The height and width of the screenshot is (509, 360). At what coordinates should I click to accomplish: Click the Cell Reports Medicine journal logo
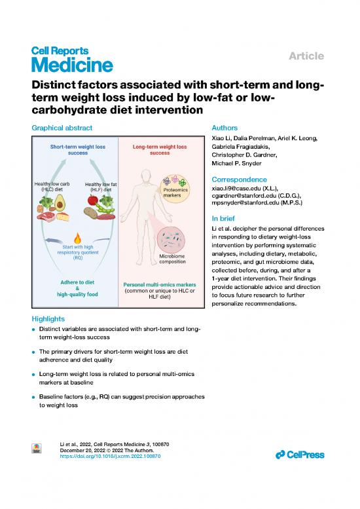(x=72, y=60)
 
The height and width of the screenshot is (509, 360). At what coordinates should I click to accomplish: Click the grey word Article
(x=306, y=56)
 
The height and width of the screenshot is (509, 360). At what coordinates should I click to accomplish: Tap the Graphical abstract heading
(x=62, y=128)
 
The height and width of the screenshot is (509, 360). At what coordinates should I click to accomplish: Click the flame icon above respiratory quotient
(x=77, y=238)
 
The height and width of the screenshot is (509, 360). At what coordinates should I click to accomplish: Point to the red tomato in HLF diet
(x=93, y=200)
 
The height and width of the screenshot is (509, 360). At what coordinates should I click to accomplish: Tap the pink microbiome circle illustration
(x=171, y=240)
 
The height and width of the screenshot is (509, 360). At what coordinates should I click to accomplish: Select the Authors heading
(x=225, y=128)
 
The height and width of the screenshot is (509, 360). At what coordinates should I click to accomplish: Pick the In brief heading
(x=223, y=218)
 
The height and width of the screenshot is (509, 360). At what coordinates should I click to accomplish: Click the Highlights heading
(x=48, y=319)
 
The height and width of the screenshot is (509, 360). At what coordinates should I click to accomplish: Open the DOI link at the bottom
(x=110, y=456)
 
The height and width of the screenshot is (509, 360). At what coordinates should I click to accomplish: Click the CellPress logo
(x=300, y=455)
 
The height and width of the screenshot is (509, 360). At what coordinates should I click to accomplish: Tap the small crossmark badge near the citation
(x=36, y=448)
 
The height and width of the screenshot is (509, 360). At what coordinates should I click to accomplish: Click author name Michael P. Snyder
(x=236, y=163)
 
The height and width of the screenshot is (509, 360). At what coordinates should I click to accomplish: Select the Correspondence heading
(x=240, y=179)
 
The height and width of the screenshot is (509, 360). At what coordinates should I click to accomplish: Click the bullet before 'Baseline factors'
(x=33, y=397)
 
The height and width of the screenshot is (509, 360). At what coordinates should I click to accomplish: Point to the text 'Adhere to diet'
(x=77, y=282)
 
